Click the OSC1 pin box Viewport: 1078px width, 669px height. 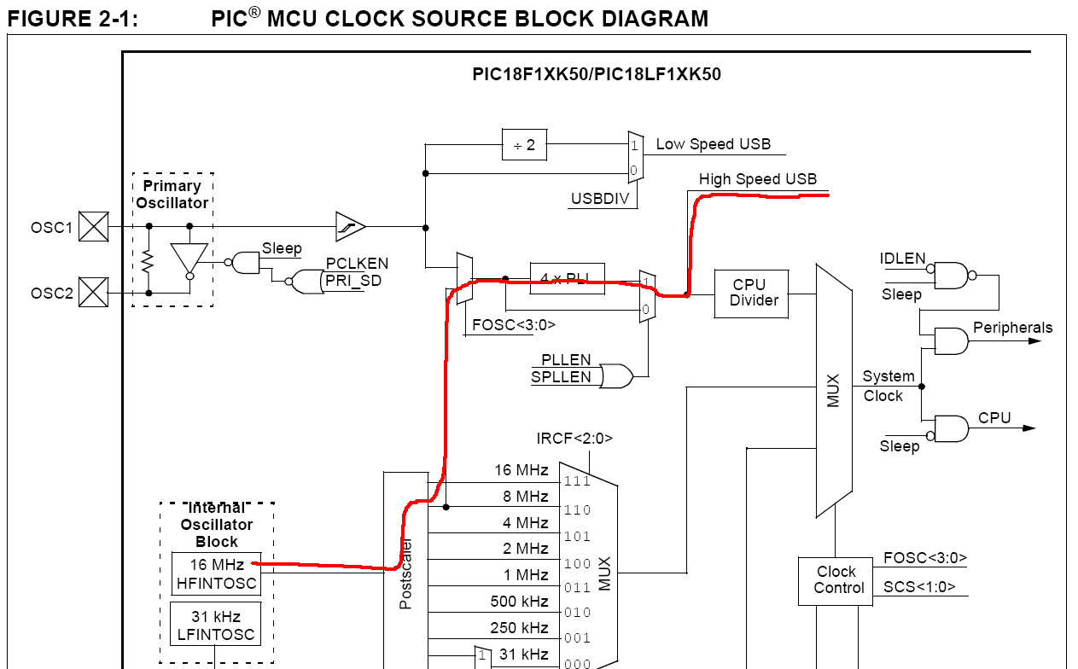[x=94, y=227]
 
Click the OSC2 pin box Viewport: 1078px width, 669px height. [x=94, y=293]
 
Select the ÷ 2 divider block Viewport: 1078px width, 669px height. [x=524, y=145]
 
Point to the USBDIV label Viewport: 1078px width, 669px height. [x=601, y=200]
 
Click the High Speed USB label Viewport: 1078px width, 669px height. [x=757, y=179]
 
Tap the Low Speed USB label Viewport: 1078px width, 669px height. [x=713, y=144]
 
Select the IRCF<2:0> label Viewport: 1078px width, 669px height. [x=574, y=439]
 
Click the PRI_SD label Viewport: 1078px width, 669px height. [x=353, y=280]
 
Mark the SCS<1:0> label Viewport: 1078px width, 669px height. [x=919, y=587]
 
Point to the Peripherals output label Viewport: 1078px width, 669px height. [x=1012, y=328]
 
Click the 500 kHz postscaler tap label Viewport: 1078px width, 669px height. [x=519, y=602]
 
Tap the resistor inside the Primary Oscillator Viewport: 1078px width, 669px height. [x=148, y=259]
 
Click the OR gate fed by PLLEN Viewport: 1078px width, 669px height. [x=615, y=375]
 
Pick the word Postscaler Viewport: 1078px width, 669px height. [x=406, y=573]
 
